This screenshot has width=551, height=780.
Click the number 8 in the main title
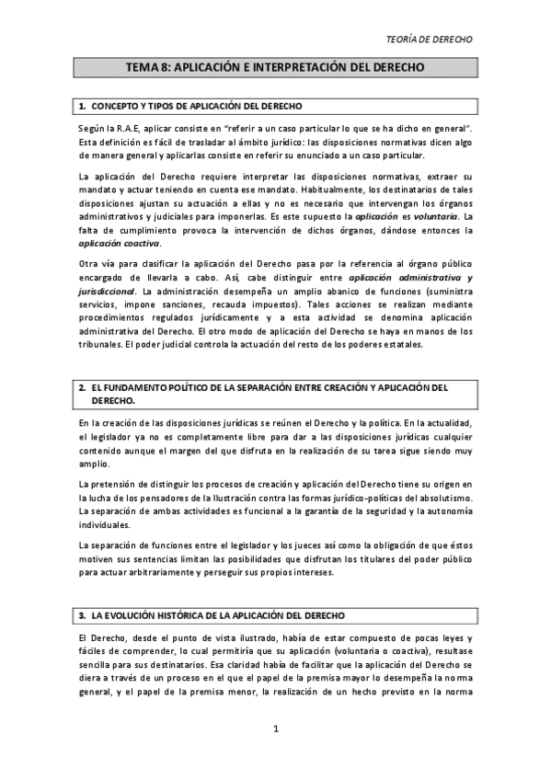(x=165, y=69)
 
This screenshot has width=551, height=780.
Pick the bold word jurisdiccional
(x=108, y=291)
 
